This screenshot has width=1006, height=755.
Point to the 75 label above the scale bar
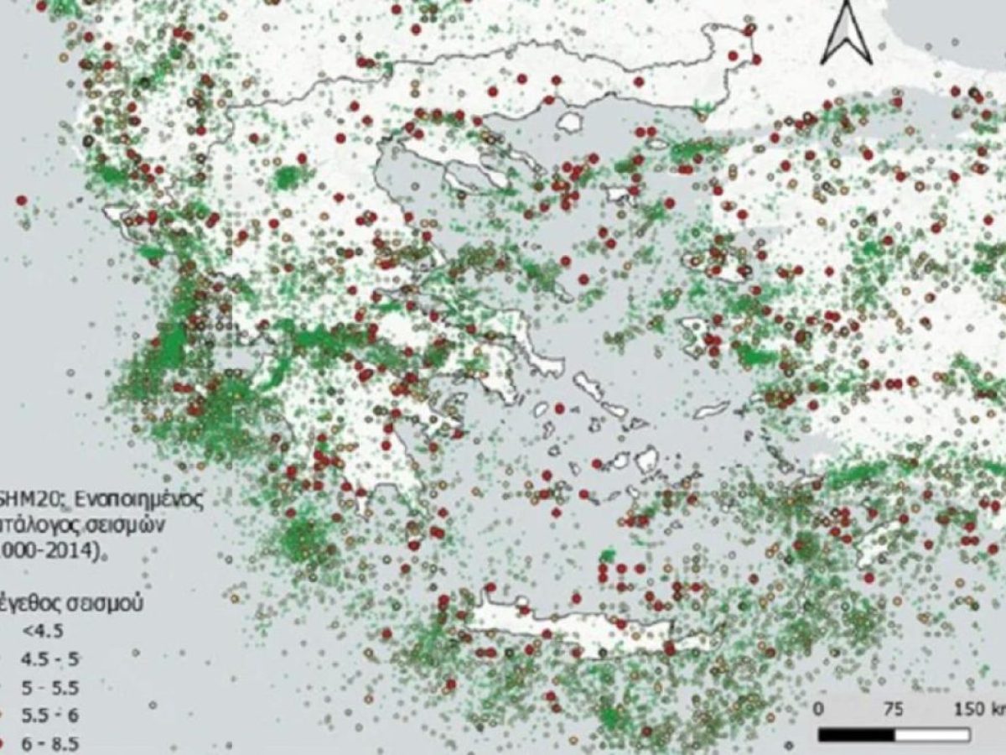tap(895, 709)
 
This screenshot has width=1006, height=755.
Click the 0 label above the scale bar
tap(819, 709)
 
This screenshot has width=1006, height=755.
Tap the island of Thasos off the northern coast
tap(573, 122)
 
